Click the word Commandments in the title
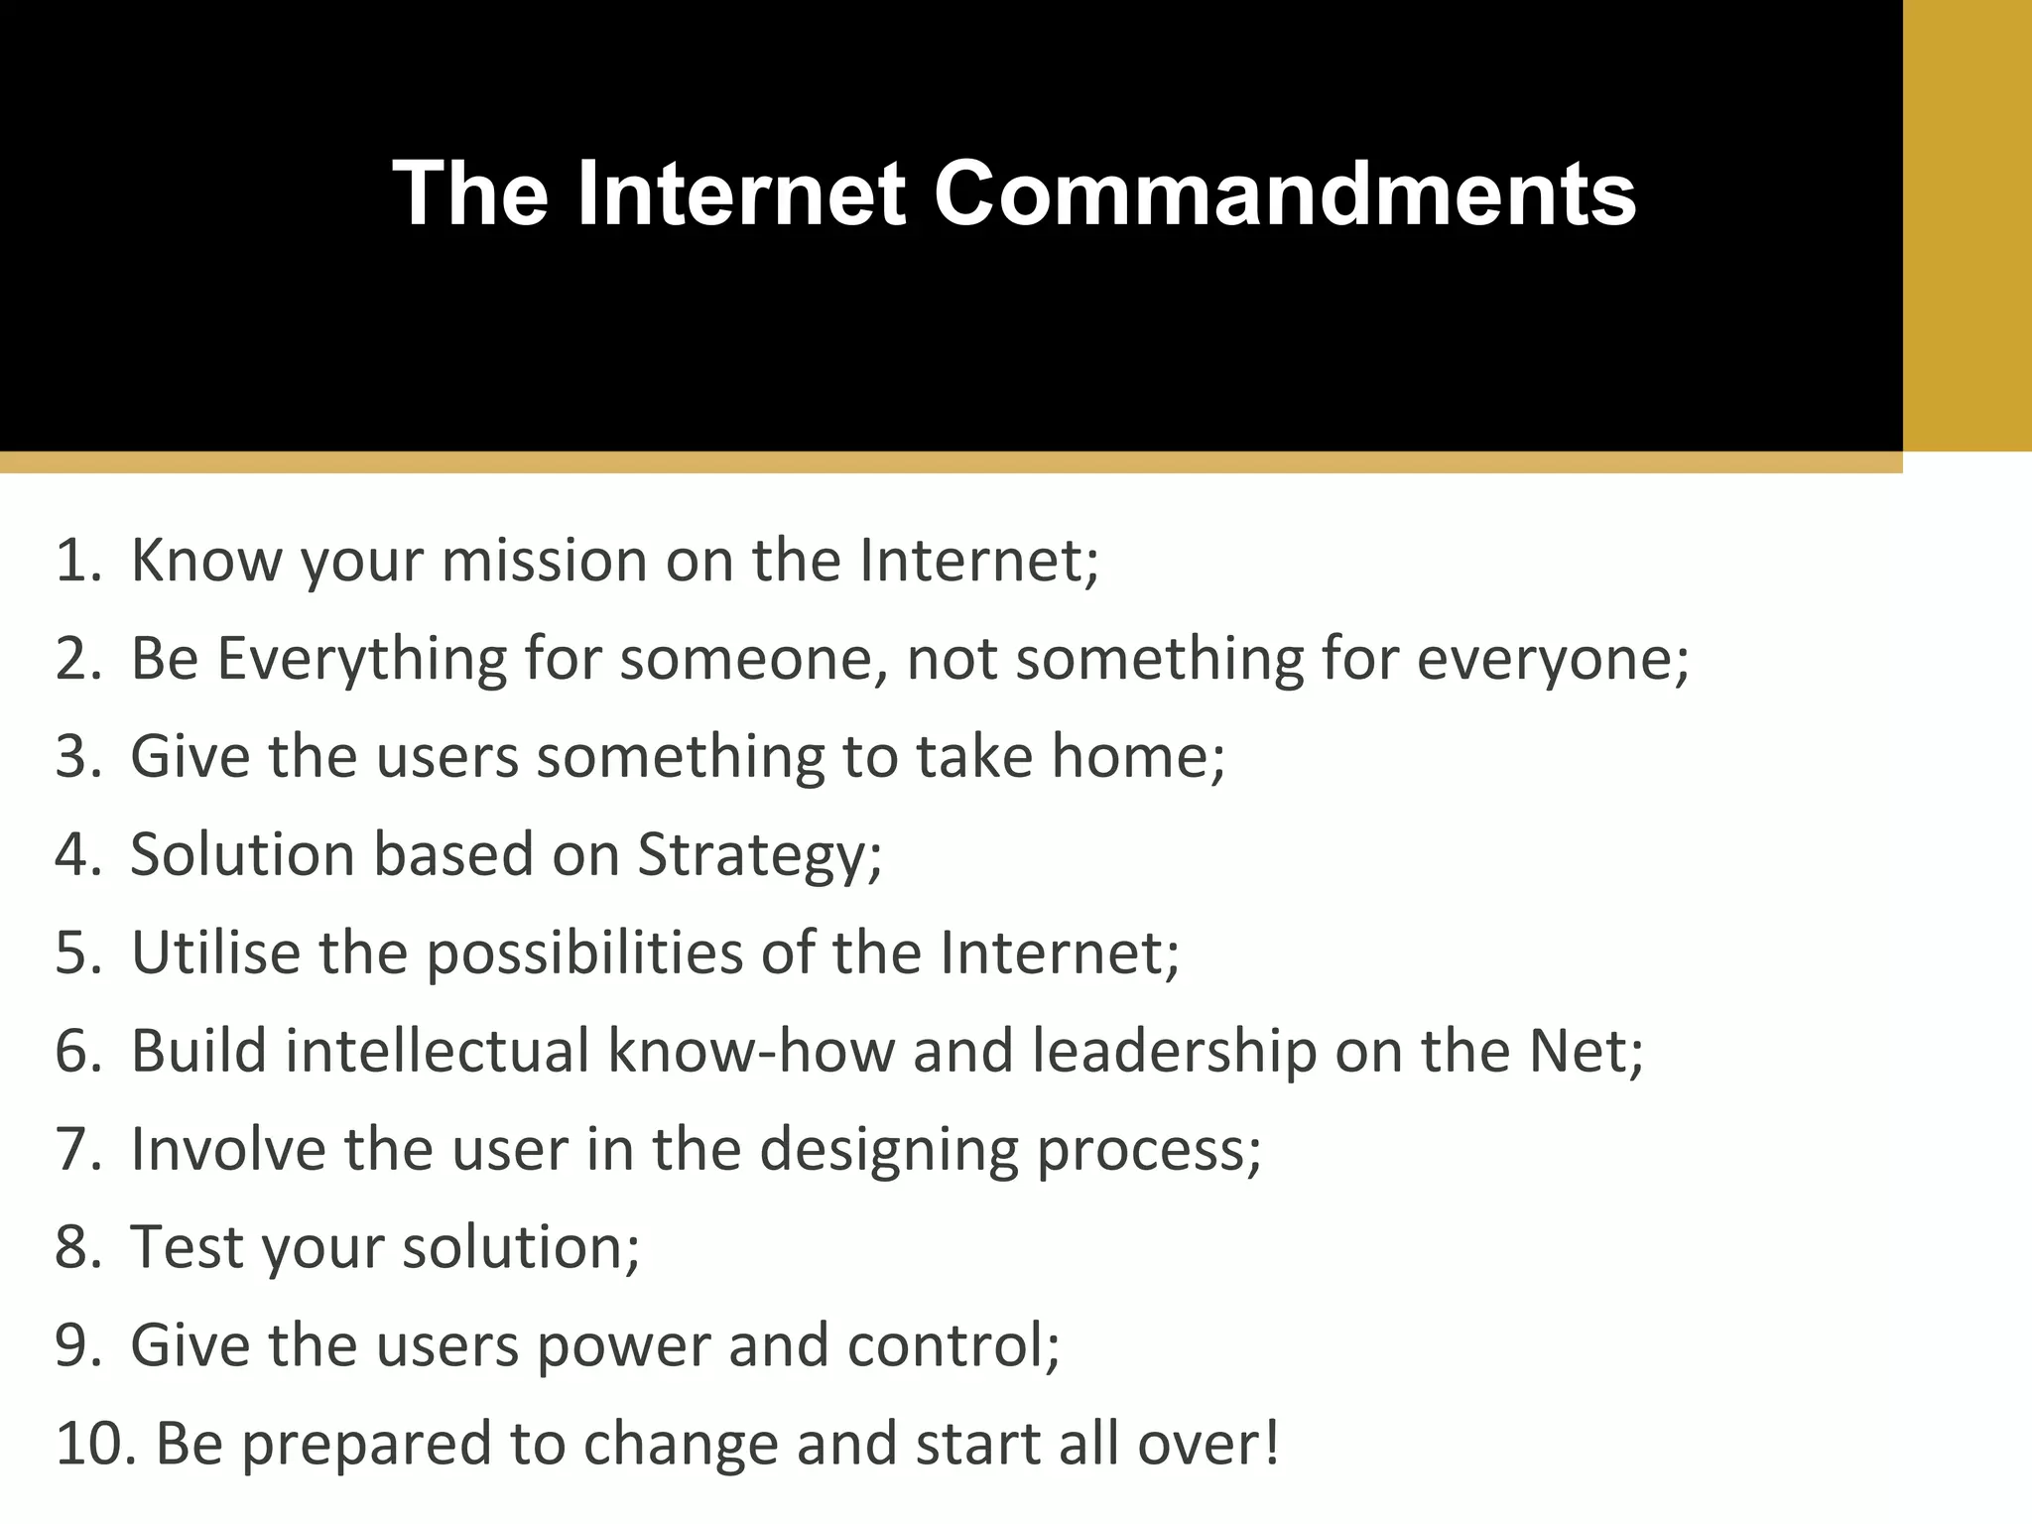[1285, 193]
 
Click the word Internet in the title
[740, 193]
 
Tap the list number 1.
[77, 561]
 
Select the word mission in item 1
[544, 561]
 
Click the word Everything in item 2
[361, 659]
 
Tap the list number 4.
[77, 855]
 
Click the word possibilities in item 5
[584, 954]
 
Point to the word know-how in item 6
[751, 1051]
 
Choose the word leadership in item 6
[1174, 1051]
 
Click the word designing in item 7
[889, 1151]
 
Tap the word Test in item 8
[188, 1247]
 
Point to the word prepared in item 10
[366, 1446]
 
